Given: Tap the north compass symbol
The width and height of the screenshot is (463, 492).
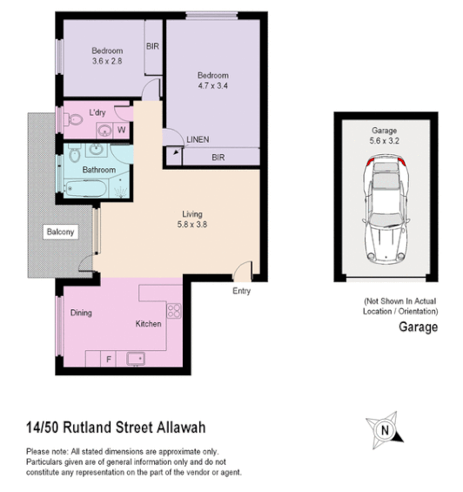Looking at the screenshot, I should point(383,428).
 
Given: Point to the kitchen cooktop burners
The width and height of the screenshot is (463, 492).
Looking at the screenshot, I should point(173,310).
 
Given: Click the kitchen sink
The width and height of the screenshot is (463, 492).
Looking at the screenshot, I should point(135,357).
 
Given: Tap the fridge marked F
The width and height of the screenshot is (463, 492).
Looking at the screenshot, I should point(109,358).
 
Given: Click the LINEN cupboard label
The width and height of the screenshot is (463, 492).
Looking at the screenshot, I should point(198,139).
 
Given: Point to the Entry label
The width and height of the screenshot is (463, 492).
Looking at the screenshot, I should point(242,291).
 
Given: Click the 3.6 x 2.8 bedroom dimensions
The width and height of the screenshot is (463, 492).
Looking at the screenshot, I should point(108,61).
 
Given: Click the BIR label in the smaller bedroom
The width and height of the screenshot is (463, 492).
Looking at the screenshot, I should point(152,46).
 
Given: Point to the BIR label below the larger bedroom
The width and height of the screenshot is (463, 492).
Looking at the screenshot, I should point(219,158).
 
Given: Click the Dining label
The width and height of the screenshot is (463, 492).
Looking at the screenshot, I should point(82,313).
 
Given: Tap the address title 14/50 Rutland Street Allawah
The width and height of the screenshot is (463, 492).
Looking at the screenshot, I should point(115,428).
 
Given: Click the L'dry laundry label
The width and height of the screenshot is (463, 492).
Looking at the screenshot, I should point(97,114).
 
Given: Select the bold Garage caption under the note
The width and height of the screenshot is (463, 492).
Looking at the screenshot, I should point(418,328).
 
